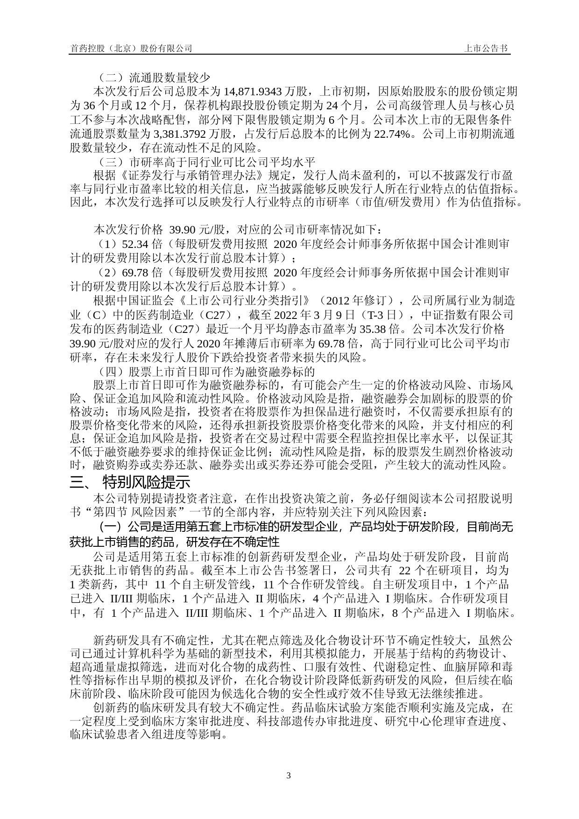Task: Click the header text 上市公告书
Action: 486,49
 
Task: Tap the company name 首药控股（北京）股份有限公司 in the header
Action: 131,49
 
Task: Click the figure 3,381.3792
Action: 205,134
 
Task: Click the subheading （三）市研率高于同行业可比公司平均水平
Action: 206,162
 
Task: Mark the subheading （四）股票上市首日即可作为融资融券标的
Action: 206,372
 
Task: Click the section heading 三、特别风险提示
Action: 130,481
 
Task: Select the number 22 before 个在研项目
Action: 402,570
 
